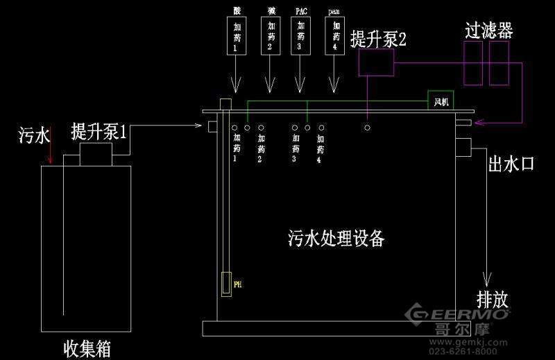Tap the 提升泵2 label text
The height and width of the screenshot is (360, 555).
coord(377,39)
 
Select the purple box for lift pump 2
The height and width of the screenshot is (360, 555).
coord(375,65)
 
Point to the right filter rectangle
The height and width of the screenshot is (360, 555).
coord(498,63)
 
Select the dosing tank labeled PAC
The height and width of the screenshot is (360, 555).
coord(300,37)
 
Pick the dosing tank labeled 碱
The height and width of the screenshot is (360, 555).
coord(269,37)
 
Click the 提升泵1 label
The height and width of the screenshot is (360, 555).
coord(99,131)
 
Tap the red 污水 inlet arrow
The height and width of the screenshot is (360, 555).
coord(49,154)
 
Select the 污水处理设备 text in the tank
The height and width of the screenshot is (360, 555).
coord(335,239)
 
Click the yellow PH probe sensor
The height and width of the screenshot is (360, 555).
coord(226,284)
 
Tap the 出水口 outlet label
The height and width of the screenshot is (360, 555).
coord(512,164)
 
